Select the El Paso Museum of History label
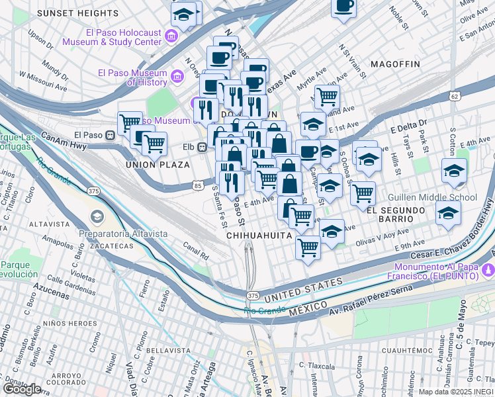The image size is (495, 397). [132, 77]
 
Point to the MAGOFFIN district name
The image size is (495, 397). [395, 64]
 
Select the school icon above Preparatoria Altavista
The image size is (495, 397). [97, 218]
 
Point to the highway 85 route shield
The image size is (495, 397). [199, 186]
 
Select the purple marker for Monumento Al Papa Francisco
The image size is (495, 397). [488, 269]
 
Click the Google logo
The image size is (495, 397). [22, 388]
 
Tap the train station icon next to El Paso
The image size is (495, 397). [111, 133]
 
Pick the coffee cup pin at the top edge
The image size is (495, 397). [343, 7]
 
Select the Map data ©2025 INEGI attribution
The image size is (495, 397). [456, 392]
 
